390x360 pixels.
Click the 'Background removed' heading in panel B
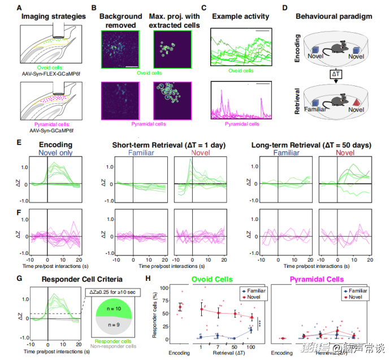[x=120, y=21]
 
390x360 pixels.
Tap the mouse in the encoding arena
[x=335, y=50]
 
